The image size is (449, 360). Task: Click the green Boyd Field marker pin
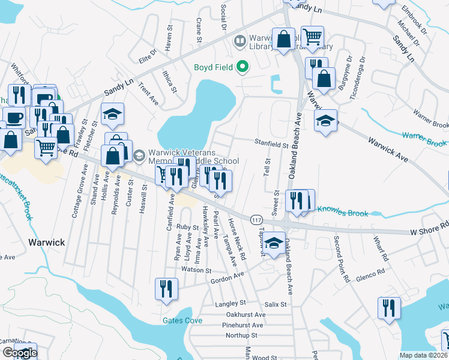[x=243, y=66]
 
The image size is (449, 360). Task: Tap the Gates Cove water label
[x=182, y=320]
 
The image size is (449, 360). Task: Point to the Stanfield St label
[x=271, y=145]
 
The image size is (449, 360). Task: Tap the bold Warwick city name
[x=46, y=242]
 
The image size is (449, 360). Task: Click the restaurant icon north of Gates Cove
[x=166, y=289]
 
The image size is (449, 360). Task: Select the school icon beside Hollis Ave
[x=111, y=115]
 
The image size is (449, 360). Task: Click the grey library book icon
[x=239, y=41]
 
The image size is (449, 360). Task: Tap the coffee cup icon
[x=14, y=118]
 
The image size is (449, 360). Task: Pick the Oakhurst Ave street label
[x=246, y=314]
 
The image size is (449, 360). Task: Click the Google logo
[x=20, y=353]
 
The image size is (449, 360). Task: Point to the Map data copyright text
[x=423, y=355]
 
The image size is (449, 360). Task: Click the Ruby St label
[x=187, y=227]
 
